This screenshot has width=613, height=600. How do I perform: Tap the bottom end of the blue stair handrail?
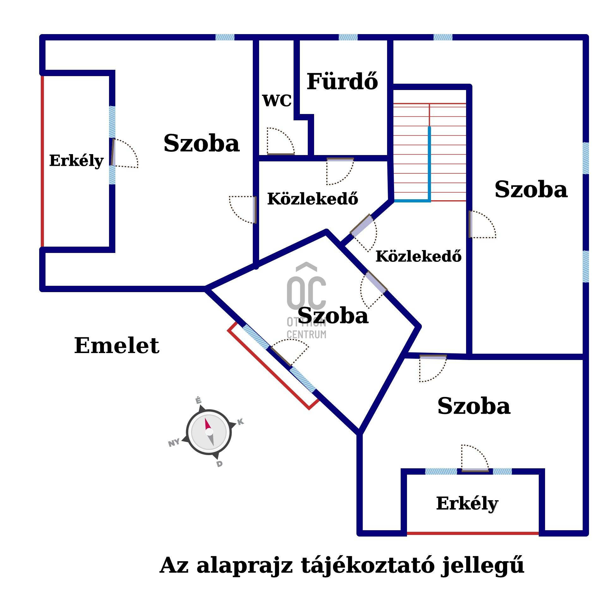point(429,201)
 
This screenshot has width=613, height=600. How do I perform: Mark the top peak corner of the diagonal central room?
point(326,231)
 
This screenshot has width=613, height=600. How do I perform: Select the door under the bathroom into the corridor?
point(340,171)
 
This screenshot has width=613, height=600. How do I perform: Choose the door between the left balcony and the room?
point(124,153)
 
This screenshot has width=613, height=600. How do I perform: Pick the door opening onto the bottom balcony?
point(475,458)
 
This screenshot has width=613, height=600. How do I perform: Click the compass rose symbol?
point(209,432)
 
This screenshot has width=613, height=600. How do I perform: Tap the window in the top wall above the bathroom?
point(348,37)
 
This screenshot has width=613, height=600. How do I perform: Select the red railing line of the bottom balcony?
point(473,533)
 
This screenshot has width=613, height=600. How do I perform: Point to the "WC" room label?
point(277,101)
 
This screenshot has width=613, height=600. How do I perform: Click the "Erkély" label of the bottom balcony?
point(467,504)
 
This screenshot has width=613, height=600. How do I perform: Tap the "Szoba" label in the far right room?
point(531,189)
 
